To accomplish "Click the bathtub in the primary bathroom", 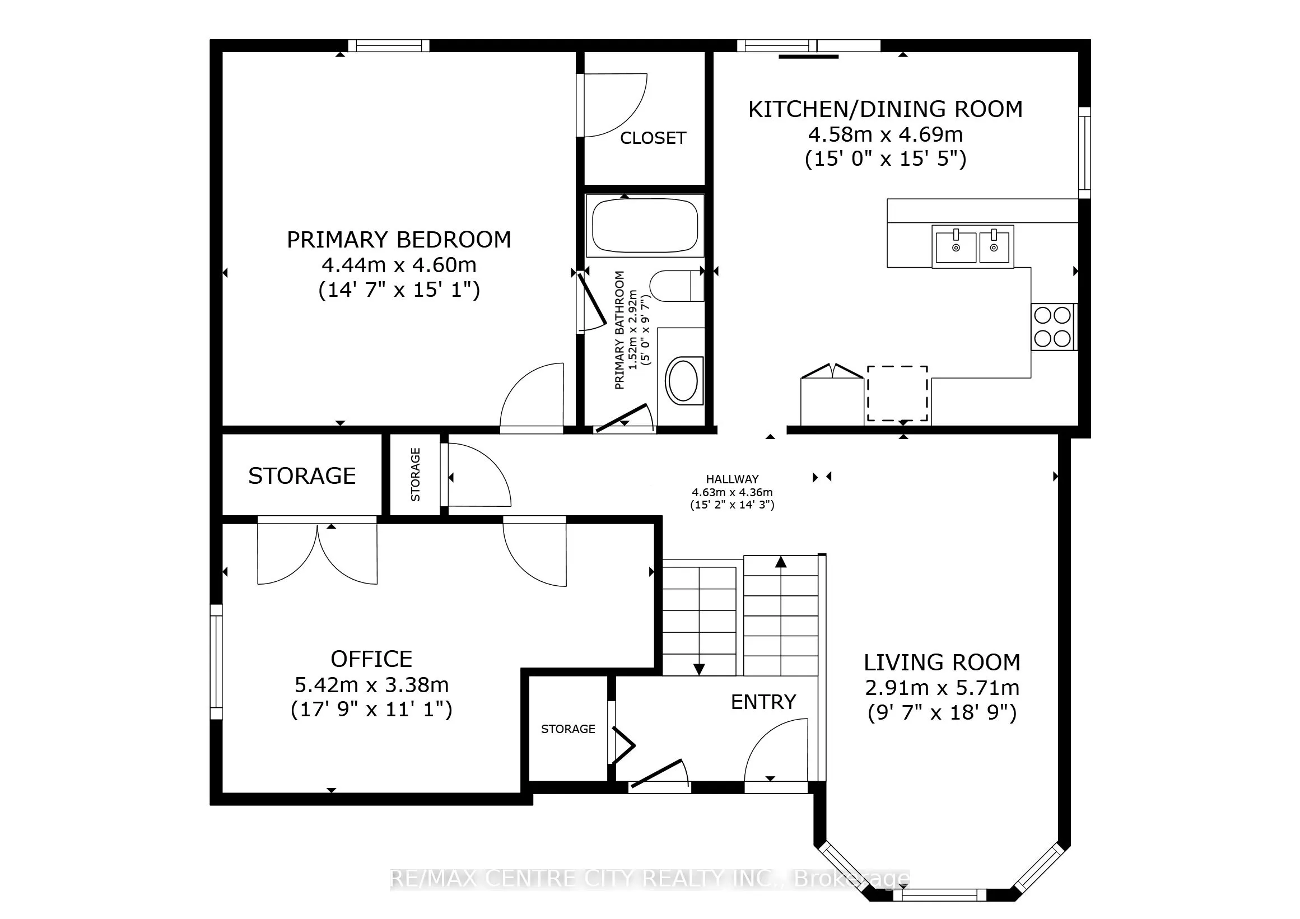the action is [645, 225].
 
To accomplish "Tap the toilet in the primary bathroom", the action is [677, 286].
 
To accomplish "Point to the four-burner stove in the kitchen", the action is [1053, 326].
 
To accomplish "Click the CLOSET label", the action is [653, 138].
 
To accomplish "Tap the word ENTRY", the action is [763, 702].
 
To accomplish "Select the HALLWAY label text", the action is [732, 479].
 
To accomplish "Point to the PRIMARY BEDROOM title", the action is [399, 240].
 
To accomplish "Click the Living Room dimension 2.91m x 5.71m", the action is [942, 688].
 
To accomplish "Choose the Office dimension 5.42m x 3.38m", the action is [371, 685].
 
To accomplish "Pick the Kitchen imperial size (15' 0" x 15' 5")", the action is [886, 158].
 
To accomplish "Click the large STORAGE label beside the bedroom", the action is [302, 475].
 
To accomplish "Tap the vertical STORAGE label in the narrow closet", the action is [416, 474].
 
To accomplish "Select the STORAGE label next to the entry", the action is [568, 729].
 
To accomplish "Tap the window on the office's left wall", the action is [216, 661].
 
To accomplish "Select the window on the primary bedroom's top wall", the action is [388, 46].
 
